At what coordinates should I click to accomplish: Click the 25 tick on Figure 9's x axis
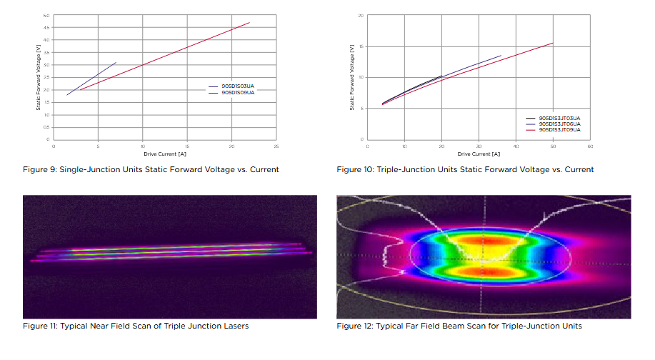[x=276, y=146]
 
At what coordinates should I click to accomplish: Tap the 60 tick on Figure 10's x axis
[x=590, y=146]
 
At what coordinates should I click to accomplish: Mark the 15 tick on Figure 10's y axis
[x=361, y=46]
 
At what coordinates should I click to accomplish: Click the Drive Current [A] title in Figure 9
[x=165, y=154]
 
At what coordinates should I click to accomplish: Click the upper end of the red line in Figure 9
[x=249, y=23]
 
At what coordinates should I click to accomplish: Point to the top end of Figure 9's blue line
[x=116, y=62]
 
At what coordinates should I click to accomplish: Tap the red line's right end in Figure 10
[x=553, y=43]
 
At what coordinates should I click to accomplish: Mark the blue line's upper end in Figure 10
[x=501, y=56]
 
